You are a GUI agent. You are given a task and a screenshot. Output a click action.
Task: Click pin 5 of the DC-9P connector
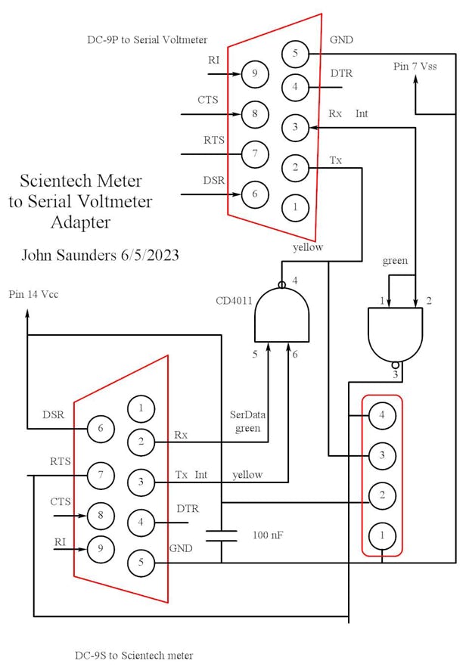(295, 54)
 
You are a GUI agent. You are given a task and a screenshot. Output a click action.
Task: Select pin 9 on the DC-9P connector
(254, 74)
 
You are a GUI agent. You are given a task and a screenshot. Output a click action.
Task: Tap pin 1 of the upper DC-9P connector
(295, 205)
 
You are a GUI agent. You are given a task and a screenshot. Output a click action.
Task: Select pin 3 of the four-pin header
(383, 456)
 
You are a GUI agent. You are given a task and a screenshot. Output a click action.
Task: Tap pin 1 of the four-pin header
(383, 535)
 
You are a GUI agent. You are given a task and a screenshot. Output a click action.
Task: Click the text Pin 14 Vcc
(33, 294)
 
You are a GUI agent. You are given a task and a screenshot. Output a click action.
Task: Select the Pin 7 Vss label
(415, 67)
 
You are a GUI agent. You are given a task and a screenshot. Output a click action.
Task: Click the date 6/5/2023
(149, 255)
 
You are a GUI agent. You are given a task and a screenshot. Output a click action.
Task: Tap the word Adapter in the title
(80, 222)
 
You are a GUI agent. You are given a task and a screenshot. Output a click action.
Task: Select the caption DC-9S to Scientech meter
(134, 655)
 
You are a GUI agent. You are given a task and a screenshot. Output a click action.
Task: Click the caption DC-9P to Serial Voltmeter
(148, 39)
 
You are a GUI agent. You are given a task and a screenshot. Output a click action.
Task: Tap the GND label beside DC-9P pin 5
(342, 39)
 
